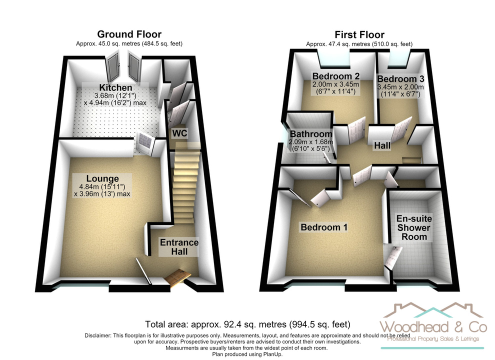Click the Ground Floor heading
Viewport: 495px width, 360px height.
[x=129, y=34]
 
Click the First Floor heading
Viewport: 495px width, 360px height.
[x=359, y=34]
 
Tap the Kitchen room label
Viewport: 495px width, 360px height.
[x=115, y=87]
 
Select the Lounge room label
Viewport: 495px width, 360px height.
[x=102, y=178]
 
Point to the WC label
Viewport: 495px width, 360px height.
[x=179, y=133]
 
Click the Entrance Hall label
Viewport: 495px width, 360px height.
[x=179, y=247]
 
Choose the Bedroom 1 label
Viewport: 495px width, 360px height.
[x=324, y=227]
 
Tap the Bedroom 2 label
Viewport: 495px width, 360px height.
[x=336, y=76]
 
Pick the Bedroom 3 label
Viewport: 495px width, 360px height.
[x=400, y=78]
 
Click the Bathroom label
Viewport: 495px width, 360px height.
[x=311, y=134]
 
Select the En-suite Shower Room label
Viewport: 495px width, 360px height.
[x=414, y=227]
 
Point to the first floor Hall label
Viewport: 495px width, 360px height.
[x=382, y=145]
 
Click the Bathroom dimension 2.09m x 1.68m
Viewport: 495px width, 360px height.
[x=311, y=142]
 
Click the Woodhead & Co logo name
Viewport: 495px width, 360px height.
[x=433, y=327]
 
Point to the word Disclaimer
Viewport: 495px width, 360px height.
[x=97, y=335]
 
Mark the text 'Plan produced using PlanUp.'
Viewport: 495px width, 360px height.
[x=247, y=354]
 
